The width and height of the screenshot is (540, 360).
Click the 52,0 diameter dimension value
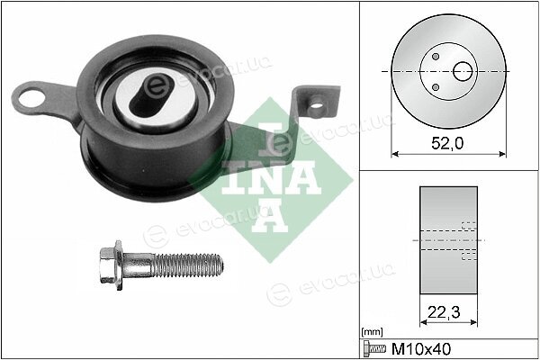coord(447,143)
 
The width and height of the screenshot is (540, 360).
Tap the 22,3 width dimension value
coord(444,312)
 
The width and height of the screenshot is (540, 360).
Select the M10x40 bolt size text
coord(421,349)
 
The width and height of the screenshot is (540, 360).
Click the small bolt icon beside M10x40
coord(375,349)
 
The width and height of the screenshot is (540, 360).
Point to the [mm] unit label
coord(372,332)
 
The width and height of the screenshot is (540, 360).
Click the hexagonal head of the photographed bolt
coord(111,265)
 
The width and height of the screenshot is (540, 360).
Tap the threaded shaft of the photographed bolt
coord(188,265)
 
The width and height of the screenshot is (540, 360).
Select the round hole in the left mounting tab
coord(31,98)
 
